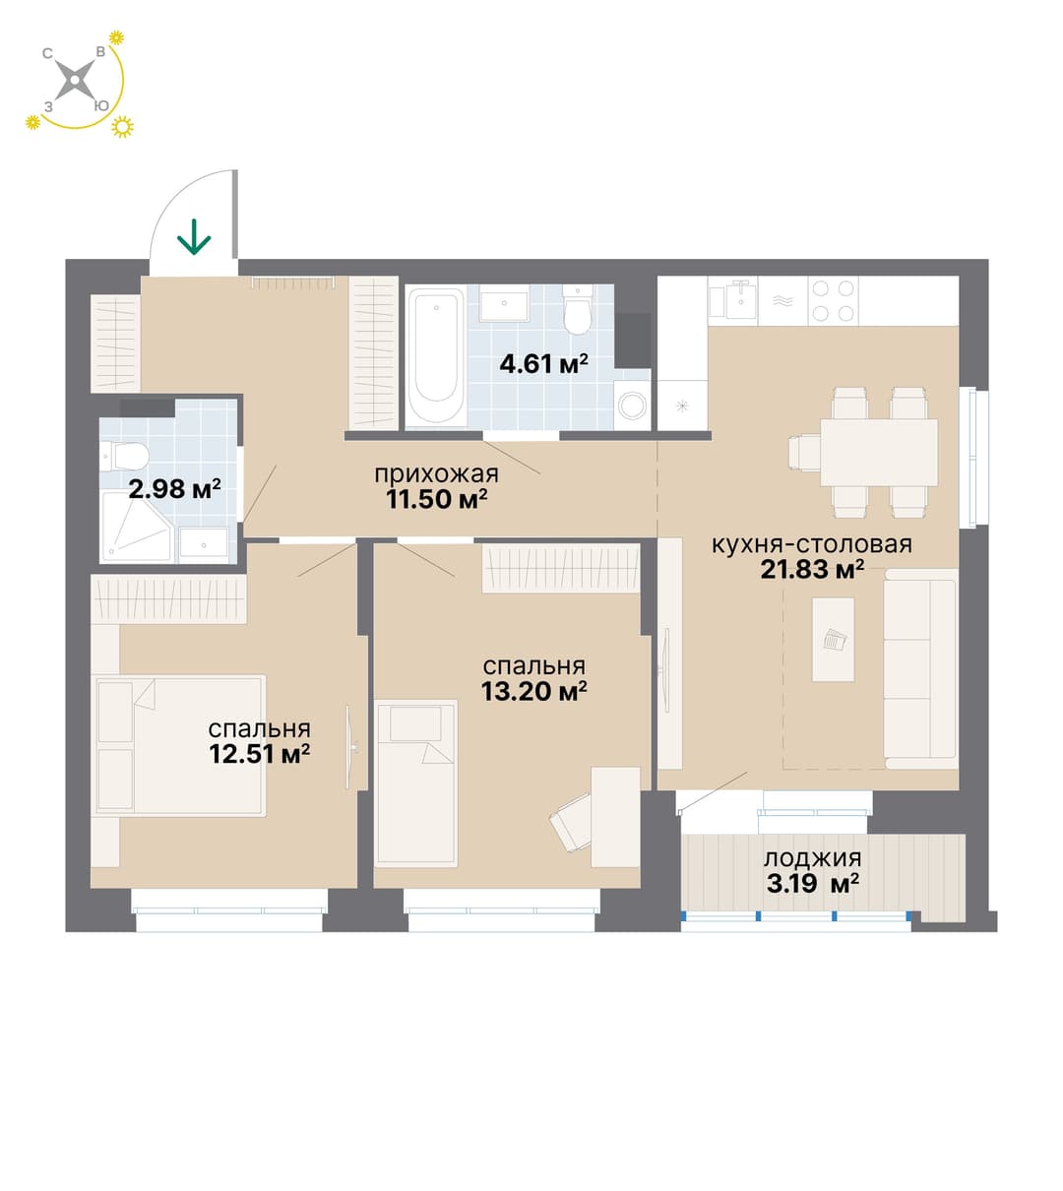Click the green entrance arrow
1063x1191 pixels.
point(194,236)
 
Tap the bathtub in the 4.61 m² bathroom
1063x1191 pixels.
point(436,355)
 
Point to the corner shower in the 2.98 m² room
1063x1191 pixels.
point(137,527)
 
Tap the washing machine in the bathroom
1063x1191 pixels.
point(632,405)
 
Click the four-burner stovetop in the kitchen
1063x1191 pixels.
point(833,301)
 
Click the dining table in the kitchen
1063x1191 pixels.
point(879,452)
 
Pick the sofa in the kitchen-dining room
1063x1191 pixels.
point(920,668)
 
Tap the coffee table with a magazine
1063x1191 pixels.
point(833,640)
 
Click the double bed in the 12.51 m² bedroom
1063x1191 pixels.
point(178,745)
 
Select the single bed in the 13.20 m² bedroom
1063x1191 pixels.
point(415,784)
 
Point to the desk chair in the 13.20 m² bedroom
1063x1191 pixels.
point(570,821)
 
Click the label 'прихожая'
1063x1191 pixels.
point(436,473)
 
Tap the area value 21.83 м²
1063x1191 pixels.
point(812,569)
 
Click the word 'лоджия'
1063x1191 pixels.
point(813,859)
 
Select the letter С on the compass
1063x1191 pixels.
point(48,54)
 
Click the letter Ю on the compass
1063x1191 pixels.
point(101,106)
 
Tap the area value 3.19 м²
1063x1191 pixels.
point(813,884)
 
